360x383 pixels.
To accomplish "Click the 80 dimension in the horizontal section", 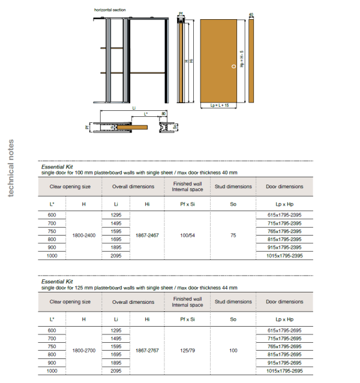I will pos(163,113).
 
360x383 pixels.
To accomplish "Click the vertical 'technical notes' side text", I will pos(10,168).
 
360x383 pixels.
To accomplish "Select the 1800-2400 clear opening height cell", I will pos(83,236).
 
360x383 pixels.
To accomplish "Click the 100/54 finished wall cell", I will pos(187,236).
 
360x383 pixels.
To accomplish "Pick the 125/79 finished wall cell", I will pos(187,350).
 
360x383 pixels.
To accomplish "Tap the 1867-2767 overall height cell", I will pos(147,350).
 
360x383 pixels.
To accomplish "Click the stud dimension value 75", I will pos(233,236).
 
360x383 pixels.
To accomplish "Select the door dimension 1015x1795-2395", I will pos(284,256).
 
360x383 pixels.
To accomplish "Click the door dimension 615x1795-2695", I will pos(284,330).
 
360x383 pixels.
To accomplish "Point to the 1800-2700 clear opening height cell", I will pos(83,350).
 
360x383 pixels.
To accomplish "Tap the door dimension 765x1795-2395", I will pos(284,231).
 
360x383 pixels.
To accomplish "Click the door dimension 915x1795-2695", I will pos(284,362).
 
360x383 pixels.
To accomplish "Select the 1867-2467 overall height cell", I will pos(147,236).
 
